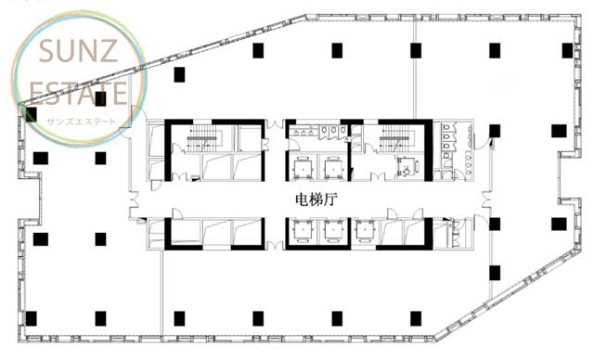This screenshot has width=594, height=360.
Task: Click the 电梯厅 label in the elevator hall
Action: (x=316, y=199)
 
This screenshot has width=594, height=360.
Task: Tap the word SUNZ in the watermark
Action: (x=78, y=51)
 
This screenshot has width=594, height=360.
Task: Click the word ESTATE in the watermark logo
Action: (x=78, y=93)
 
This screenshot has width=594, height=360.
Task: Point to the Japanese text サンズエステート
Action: (x=81, y=122)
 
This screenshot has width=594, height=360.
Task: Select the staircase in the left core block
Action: (x=204, y=140)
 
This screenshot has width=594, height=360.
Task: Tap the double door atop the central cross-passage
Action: (x=275, y=124)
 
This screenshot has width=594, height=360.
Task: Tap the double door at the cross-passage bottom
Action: (x=275, y=245)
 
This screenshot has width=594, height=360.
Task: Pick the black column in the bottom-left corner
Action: (x=31, y=319)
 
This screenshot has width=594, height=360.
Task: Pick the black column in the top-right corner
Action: (x=567, y=50)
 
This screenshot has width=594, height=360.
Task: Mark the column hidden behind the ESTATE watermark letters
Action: (x=100, y=98)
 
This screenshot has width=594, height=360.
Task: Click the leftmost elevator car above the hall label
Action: (x=303, y=167)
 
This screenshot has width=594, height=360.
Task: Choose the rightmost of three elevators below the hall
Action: (x=365, y=231)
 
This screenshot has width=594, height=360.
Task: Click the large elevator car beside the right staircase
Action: (x=407, y=167)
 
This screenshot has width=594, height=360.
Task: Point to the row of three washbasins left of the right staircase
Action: (x=303, y=132)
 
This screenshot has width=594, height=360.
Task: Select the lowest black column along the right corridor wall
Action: (x=495, y=273)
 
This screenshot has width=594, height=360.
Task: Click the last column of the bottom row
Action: (x=416, y=319)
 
